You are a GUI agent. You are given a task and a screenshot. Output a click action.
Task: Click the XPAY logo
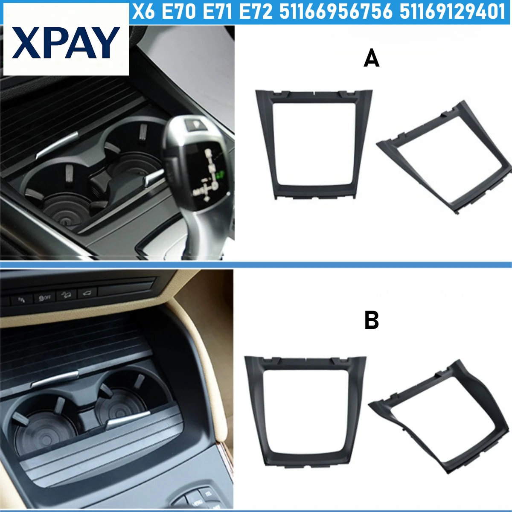point(66,43)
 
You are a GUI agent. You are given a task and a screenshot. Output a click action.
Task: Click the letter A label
point(371,58)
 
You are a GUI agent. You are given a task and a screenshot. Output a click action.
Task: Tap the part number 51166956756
point(336,12)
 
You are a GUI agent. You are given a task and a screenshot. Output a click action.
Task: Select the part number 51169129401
point(453,12)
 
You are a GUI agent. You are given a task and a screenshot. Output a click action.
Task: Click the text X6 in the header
point(143,12)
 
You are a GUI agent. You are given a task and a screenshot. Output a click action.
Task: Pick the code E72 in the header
point(255,12)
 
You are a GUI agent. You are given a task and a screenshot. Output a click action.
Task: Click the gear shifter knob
point(196,162)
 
